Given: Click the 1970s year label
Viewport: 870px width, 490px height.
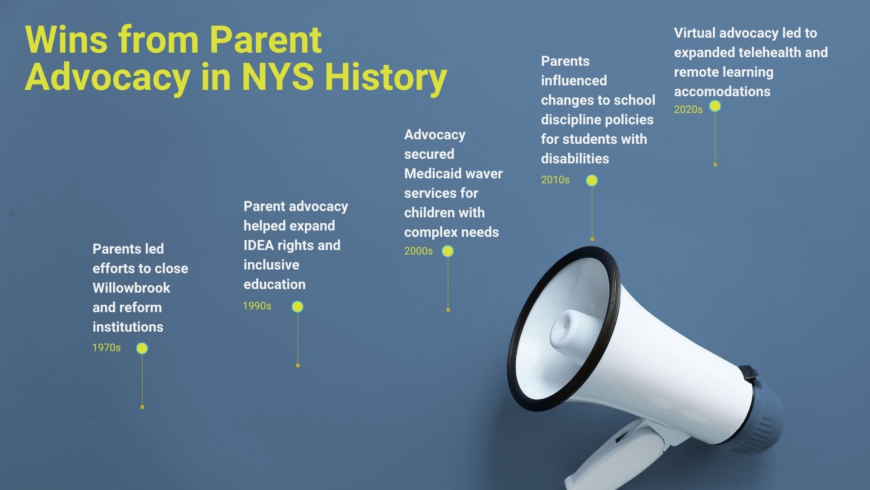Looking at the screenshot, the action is click(x=106, y=348).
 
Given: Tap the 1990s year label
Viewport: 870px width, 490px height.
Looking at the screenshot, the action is click(x=257, y=306).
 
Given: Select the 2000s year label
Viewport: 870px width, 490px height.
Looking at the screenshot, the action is click(x=418, y=251).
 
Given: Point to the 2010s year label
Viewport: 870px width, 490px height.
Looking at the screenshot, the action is click(x=555, y=180).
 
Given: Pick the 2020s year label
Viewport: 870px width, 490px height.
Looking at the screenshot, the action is click(x=688, y=110).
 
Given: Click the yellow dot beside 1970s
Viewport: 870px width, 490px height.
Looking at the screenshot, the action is click(x=142, y=348).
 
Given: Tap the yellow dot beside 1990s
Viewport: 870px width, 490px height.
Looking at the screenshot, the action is click(x=298, y=307).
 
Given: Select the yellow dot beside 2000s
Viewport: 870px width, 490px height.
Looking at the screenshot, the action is click(x=448, y=251).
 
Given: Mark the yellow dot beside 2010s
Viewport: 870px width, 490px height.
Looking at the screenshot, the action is click(x=592, y=181).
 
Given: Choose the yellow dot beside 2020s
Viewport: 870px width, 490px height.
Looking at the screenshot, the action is click(x=715, y=106).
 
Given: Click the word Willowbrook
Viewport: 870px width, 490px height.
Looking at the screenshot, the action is click(x=131, y=288).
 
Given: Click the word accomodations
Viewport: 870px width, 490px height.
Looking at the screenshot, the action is click(x=722, y=92).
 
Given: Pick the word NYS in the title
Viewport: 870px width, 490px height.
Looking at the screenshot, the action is click(x=278, y=76).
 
